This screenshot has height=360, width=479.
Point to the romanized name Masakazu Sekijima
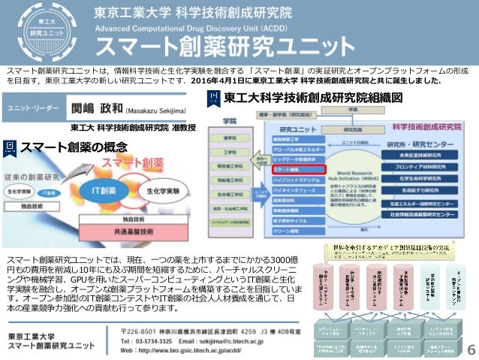point(158,109)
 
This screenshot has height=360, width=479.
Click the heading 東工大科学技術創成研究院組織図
point(308,98)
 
